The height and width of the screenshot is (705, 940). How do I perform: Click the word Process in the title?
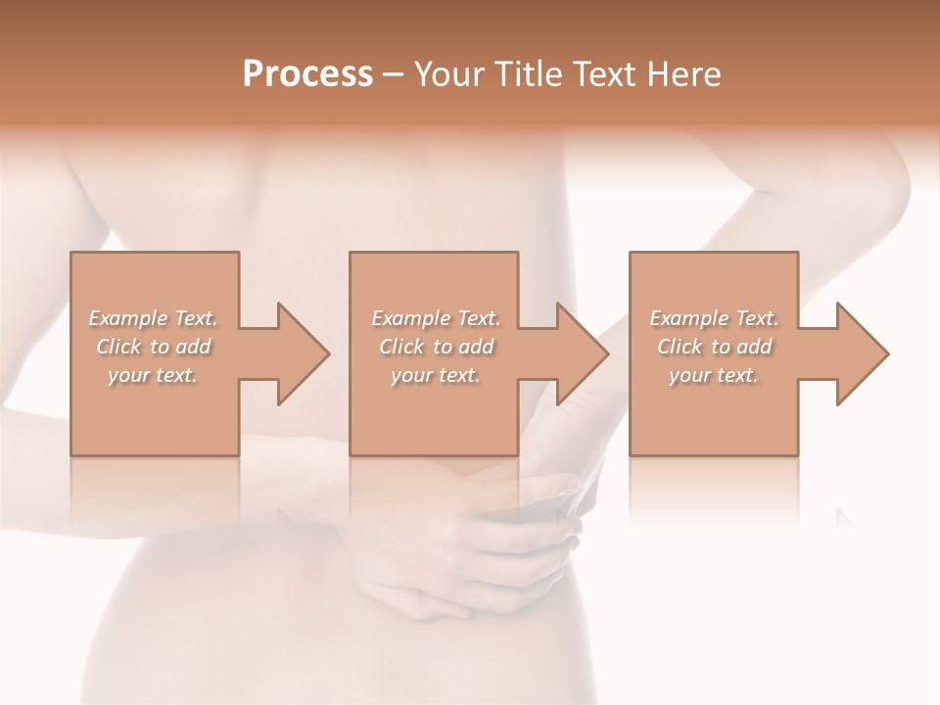click(x=307, y=74)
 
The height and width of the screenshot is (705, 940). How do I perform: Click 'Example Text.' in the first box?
click(x=154, y=318)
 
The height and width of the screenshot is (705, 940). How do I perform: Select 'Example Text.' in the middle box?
click(x=436, y=318)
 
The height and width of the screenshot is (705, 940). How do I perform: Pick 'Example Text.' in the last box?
click(x=714, y=318)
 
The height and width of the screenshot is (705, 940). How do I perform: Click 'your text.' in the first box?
click(x=153, y=375)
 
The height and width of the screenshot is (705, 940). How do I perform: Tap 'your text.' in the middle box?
click(x=436, y=375)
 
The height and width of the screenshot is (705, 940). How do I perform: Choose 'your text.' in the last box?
click(x=714, y=375)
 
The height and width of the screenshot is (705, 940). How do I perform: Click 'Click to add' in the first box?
click(x=154, y=347)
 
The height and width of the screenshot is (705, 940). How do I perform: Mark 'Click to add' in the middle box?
click(x=436, y=347)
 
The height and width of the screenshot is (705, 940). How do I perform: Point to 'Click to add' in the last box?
click(x=714, y=347)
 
